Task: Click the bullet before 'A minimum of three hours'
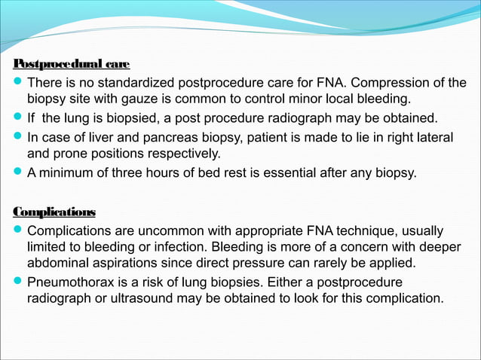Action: (20, 174)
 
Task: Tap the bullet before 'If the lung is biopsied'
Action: (20, 119)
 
